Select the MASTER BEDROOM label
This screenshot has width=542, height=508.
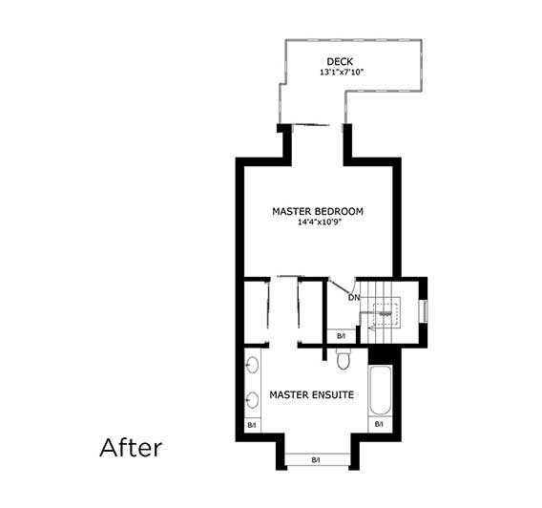click(317, 211)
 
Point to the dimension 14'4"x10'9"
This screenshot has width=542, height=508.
click(317, 222)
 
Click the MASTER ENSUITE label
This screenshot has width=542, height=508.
click(311, 393)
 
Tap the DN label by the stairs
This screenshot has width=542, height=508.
click(353, 297)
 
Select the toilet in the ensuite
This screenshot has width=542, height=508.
click(345, 359)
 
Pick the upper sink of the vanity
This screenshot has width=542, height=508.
click(254, 364)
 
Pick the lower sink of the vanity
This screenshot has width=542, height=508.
click(254, 400)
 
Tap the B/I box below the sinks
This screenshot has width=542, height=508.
click(253, 425)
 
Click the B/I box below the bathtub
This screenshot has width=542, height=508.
click(379, 424)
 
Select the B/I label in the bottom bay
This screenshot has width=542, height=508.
click(316, 460)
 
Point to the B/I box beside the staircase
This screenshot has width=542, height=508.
click(342, 335)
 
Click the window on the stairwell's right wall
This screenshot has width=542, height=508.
click(424, 311)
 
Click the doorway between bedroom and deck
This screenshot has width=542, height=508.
click(315, 126)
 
